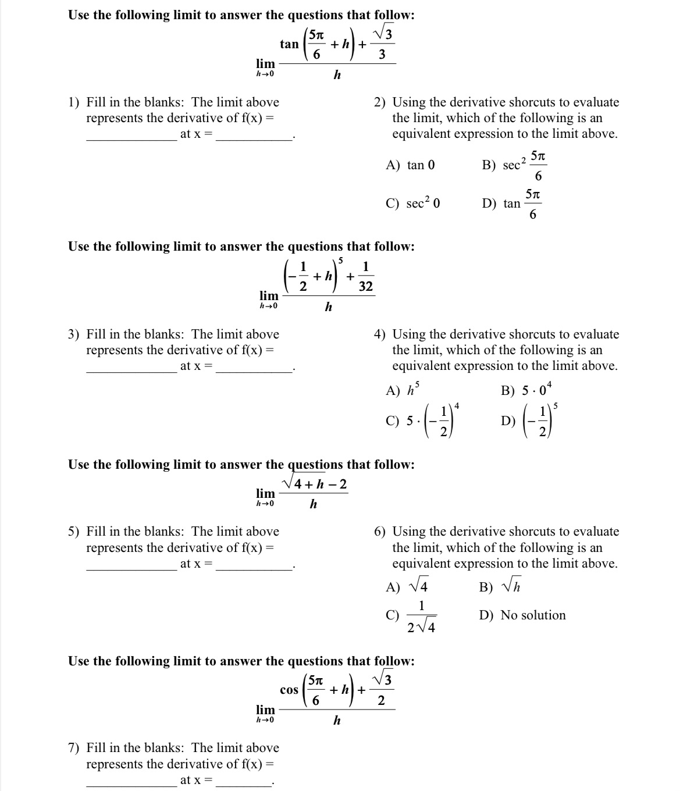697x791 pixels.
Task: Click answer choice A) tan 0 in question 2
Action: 411,165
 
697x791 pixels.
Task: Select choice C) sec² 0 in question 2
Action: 413,204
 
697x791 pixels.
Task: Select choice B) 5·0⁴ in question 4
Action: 527,390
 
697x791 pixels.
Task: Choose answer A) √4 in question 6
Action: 408,587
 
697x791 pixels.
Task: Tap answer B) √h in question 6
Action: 500,587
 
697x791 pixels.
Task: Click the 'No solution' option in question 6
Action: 532,615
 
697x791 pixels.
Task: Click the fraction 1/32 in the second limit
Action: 366,277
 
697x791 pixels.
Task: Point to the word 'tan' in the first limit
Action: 289,44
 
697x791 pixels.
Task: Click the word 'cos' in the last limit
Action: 289,690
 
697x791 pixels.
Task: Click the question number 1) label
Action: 74,102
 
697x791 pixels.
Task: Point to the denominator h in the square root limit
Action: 313,504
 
